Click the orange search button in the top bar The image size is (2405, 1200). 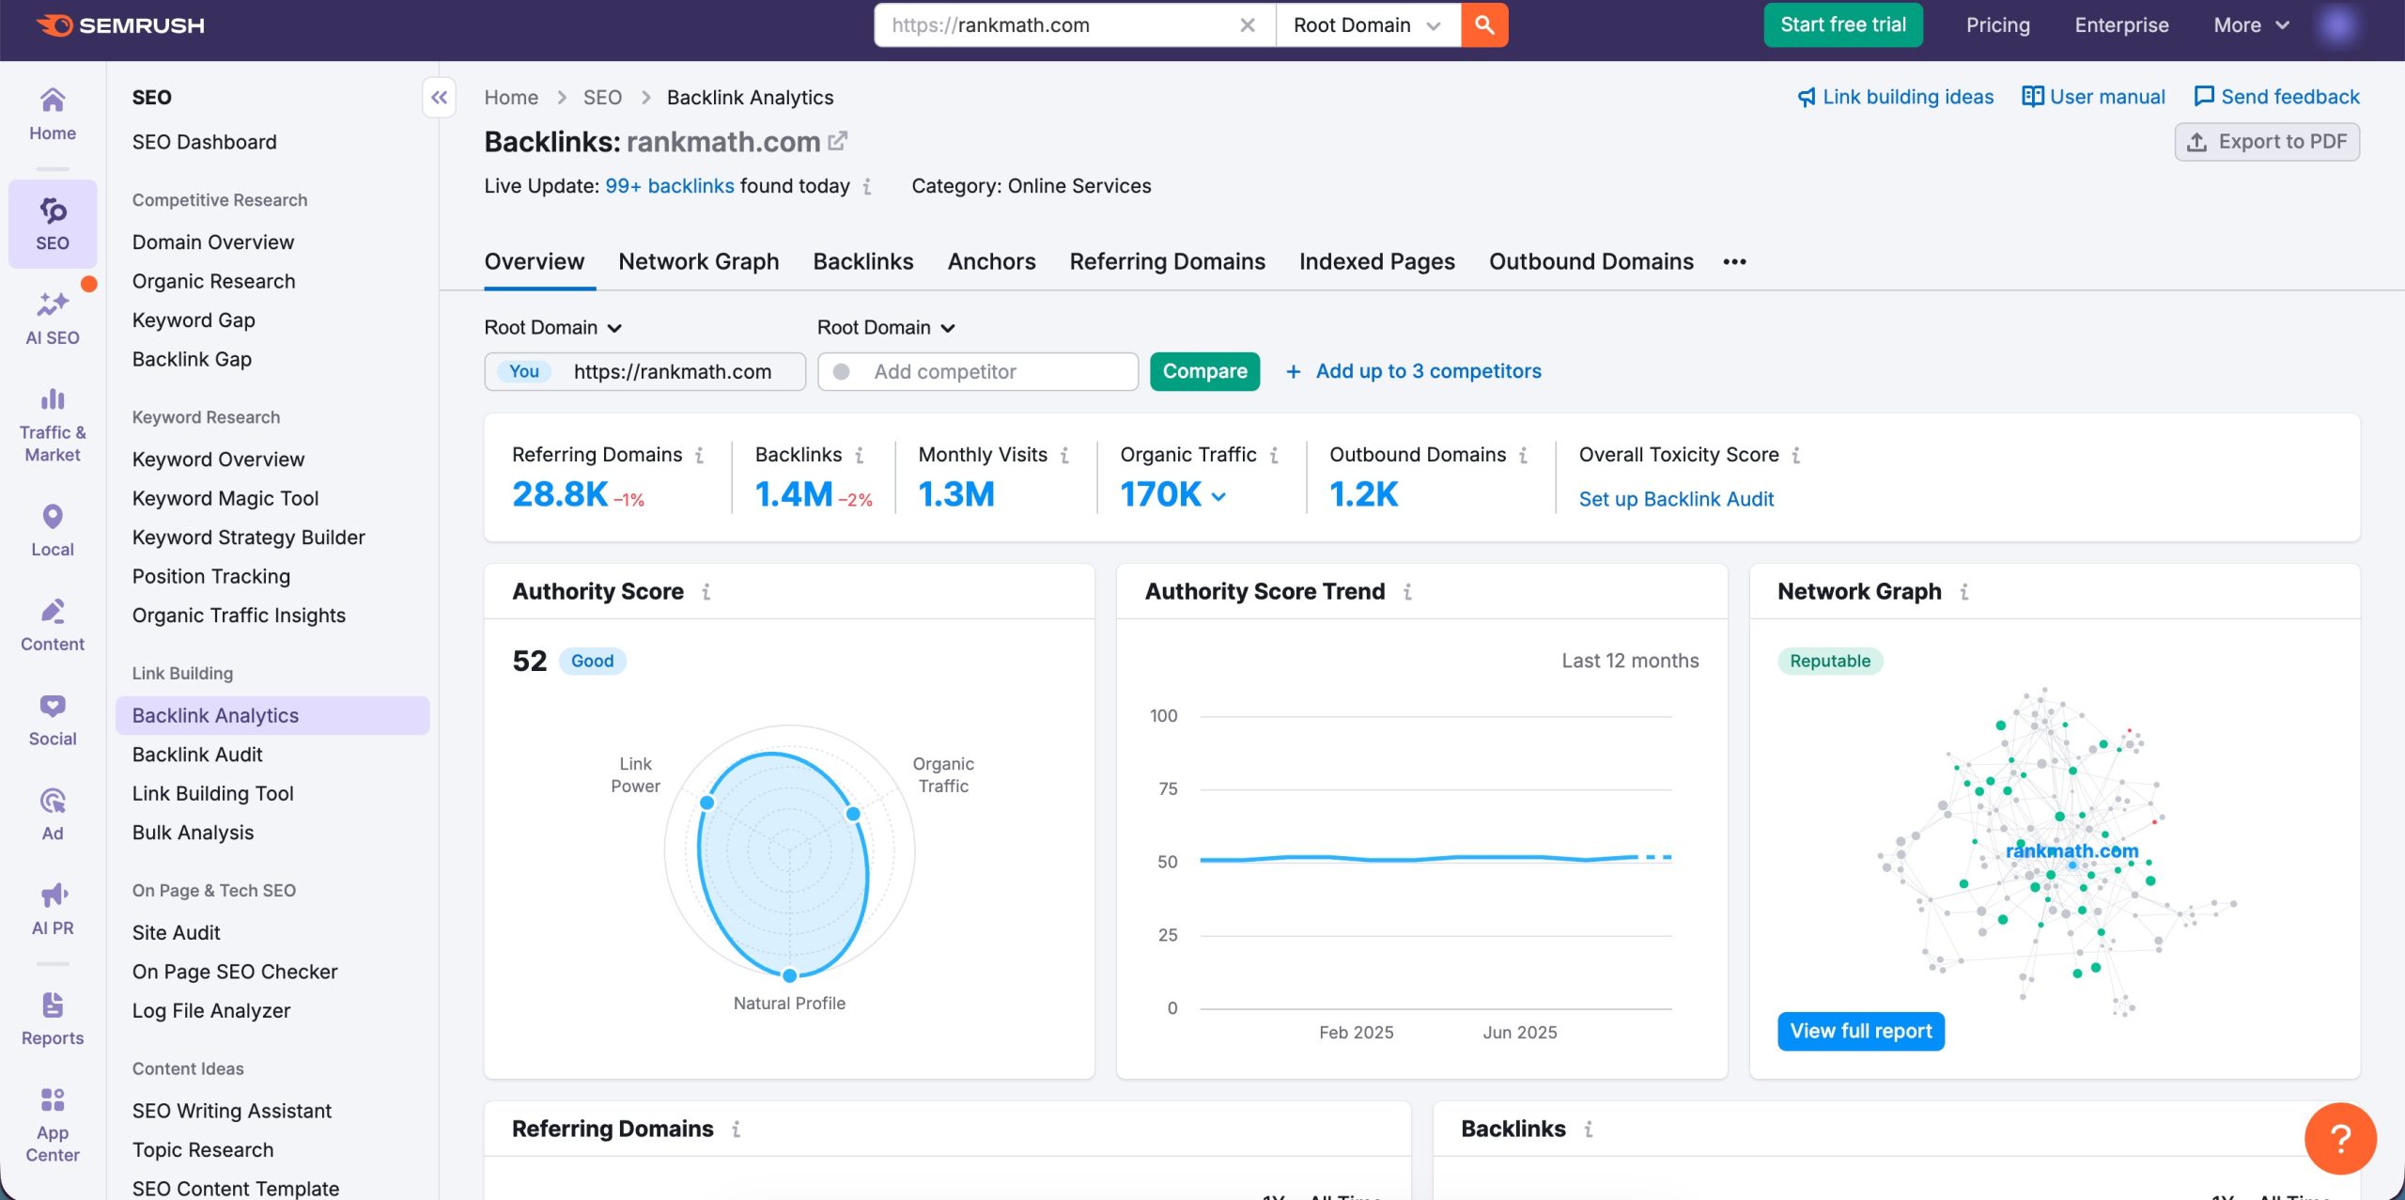tap(1484, 25)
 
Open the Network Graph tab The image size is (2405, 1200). tap(698, 261)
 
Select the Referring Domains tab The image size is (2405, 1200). tap(1167, 261)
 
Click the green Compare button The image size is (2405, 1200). tap(1204, 371)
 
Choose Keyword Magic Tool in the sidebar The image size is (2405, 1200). tap(225, 498)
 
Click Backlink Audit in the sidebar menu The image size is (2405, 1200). tap(197, 755)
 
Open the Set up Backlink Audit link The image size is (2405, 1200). tap(1676, 499)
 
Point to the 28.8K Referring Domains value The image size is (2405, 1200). tap(560, 494)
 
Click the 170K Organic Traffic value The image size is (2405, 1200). tap(1161, 494)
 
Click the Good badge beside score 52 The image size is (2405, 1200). tap(592, 661)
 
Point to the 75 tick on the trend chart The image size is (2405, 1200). tap(1168, 788)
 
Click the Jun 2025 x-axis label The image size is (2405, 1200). tap(1519, 1032)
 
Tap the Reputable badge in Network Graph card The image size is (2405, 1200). tap(1829, 661)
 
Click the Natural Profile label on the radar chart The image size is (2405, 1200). tap(789, 1003)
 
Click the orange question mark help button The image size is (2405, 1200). tap(2339, 1138)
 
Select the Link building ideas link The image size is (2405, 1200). tap(1896, 97)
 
